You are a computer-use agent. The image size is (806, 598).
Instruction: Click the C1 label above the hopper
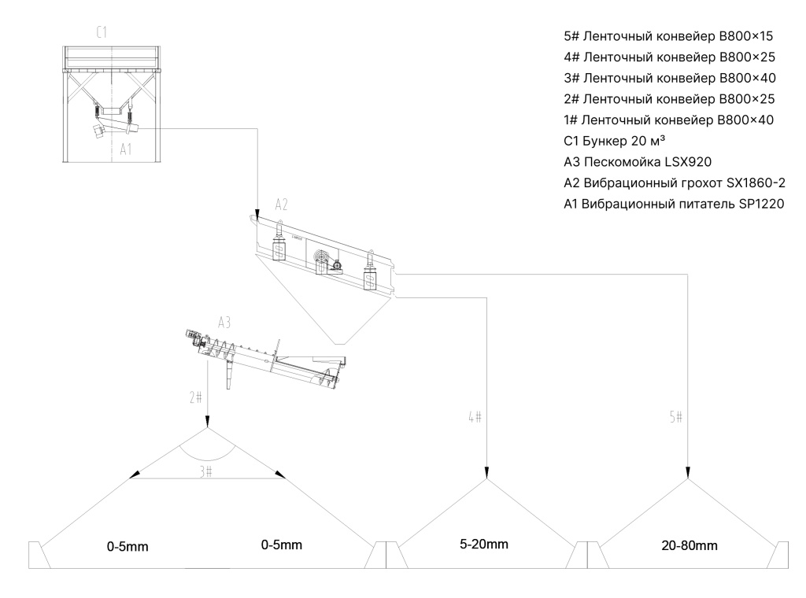(x=102, y=32)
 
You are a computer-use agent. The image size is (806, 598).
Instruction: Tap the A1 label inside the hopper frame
(x=126, y=149)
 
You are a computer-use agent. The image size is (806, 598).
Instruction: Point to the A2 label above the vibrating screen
(x=281, y=205)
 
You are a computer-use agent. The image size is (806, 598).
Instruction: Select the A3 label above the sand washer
(x=224, y=322)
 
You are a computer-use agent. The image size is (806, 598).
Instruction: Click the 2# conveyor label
(x=196, y=397)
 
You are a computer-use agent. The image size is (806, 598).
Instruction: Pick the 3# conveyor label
(x=206, y=471)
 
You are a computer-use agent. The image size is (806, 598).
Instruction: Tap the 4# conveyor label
(x=475, y=417)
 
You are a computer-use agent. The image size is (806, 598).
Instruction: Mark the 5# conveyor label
(x=676, y=417)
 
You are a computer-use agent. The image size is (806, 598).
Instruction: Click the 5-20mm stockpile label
(x=484, y=544)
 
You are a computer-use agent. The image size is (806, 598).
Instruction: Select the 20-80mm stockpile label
(x=690, y=545)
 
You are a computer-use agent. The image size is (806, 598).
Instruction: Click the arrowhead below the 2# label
(x=207, y=420)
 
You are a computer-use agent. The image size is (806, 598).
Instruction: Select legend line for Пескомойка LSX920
(x=638, y=162)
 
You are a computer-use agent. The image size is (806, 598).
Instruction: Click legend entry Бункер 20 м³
(x=615, y=141)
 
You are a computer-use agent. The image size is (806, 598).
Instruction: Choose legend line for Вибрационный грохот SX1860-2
(x=675, y=183)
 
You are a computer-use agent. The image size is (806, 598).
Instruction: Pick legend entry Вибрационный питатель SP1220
(x=674, y=204)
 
